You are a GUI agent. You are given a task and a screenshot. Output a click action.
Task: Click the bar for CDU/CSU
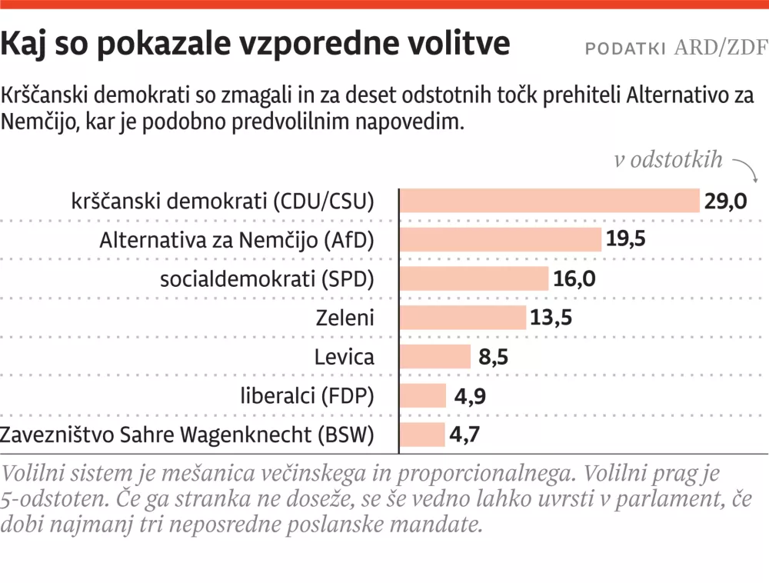[x=549, y=201]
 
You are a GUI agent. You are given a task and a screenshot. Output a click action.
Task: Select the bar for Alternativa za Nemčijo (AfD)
[x=500, y=239]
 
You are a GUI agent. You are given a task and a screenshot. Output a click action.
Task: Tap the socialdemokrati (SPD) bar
[x=474, y=278]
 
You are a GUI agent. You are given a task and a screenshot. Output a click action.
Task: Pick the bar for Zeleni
[x=463, y=317]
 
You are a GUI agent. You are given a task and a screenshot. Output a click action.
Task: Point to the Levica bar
[x=435, y=356]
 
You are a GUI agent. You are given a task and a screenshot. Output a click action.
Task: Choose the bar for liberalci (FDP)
[x=423, y=395]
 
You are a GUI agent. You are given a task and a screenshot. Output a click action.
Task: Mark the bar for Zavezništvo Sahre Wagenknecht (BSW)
[x=422, y=435]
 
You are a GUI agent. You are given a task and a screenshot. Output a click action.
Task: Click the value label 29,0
[x=725, y=202]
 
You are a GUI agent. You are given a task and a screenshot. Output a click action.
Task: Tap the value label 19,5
[x=625, y=239]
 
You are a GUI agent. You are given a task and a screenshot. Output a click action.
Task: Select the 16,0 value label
[x=574, y=278]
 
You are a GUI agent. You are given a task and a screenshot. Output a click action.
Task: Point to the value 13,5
[x=551, y=317]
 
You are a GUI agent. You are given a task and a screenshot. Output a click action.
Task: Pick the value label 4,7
[x=466, y=435]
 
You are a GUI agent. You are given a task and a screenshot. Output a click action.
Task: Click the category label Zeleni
[x=345, y=318]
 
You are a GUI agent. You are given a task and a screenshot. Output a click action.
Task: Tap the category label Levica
[x=345, y=357]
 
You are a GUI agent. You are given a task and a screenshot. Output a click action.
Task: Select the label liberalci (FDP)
[x=308, y=396]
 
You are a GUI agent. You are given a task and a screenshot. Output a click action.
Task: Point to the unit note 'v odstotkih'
[x=668, y=160]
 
